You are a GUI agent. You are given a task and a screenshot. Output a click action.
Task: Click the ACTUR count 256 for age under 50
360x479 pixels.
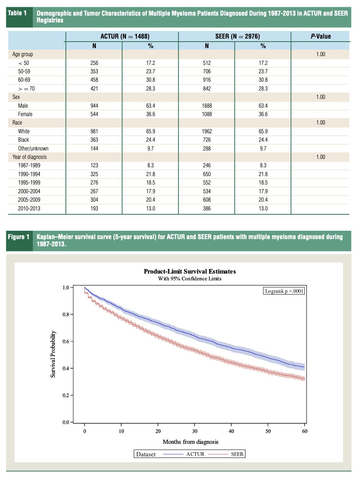[94, 63]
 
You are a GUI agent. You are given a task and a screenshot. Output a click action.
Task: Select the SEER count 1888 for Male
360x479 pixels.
[207, 106]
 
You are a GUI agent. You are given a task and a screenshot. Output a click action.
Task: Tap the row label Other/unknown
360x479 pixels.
[33, 148]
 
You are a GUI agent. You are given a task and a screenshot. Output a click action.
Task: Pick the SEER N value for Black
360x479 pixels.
[207, 140]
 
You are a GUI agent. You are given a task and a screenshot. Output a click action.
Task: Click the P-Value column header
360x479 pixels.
[321, 36]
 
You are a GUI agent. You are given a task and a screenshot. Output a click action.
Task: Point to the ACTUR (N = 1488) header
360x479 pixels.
[125, 36]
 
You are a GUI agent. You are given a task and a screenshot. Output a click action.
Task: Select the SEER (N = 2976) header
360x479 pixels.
[238, 36]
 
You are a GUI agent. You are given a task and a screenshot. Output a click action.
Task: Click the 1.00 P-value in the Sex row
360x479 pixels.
[321, 97]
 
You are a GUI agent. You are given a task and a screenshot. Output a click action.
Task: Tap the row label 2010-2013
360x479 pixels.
[29, 209]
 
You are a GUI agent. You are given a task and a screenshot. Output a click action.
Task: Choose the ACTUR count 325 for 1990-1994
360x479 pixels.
[94, 174]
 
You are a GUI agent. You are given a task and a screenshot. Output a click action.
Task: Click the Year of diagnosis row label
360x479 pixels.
[29, 157]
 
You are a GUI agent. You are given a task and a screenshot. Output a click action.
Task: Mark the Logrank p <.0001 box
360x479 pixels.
[284, 291]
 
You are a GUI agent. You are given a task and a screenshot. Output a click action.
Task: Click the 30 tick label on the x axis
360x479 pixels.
[195, 431]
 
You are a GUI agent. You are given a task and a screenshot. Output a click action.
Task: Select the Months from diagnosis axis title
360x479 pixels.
[190, 442]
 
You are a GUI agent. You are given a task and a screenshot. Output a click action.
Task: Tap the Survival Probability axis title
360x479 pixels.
[53, 354]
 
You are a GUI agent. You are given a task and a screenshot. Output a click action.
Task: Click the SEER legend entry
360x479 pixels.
[226, 454]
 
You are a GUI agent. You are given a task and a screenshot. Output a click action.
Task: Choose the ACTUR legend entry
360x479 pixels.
[184, 454]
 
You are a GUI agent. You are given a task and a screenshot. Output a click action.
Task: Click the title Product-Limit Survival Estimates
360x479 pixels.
[190, 272]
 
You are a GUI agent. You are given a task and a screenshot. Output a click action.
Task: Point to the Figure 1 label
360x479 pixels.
[19, 237]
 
